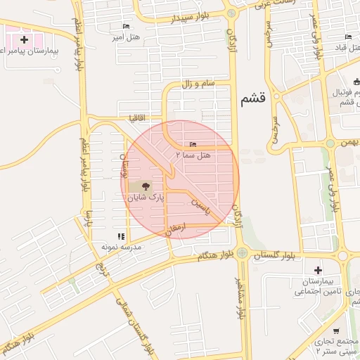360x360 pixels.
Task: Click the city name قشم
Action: pos(253,99)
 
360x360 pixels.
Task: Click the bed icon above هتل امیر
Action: pos(126,26)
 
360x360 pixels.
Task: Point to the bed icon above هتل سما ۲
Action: pos(193,143)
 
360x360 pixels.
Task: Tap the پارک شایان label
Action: pos(145,199)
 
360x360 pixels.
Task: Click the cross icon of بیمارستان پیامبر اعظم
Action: pos(25,39)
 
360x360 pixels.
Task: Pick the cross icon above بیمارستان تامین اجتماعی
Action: pos(318,270)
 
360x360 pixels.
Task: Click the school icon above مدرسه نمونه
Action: pos(121,236)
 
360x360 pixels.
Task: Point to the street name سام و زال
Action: pos(198,84)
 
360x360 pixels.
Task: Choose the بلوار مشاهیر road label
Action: pos(241,295)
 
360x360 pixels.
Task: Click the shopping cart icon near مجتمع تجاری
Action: pos(337,331)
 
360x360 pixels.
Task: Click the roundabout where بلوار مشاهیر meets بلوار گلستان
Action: pos(242,252)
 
